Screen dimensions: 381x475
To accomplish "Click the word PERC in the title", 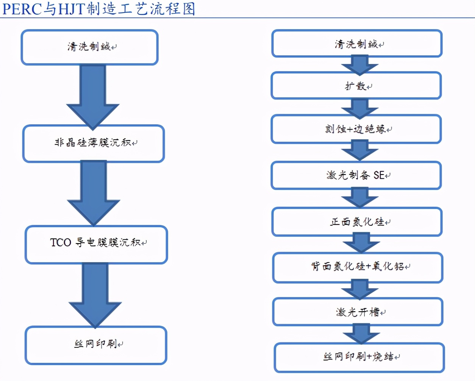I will (x=22, y=9).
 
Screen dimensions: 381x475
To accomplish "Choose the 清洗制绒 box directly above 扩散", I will (x=357, y=44).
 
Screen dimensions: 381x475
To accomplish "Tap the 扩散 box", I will (x=356, y=86).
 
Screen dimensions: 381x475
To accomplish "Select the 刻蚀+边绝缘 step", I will (x=356, y=129).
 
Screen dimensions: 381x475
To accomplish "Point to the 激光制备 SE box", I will (x=356, y=175).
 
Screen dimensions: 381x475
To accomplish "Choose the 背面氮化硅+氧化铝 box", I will (x=358, y=267).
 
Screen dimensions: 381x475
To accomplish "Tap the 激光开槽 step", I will (x=358, y=312).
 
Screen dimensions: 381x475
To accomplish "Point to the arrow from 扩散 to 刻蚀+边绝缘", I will (x=359, y=109).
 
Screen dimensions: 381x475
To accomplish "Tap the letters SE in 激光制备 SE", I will (x=378, y=175).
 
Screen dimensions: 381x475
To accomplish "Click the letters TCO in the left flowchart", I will (x=61, y=242).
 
